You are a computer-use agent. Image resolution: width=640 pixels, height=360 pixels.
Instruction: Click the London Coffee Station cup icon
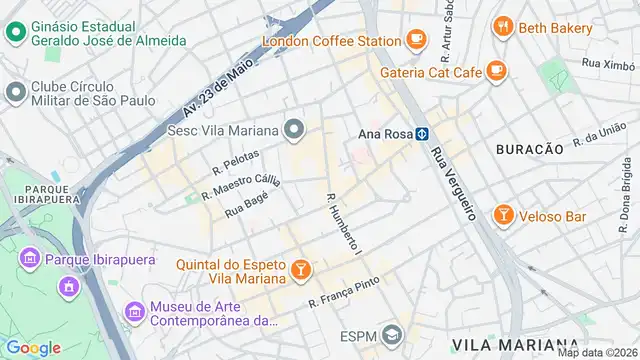[417, 40]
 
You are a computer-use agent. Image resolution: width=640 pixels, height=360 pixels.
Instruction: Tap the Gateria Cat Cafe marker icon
[496, 70]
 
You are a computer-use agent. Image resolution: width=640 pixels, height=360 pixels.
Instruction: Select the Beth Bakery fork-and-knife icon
[503, 27]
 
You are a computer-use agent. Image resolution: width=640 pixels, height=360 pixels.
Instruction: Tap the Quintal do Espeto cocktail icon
[300, 269]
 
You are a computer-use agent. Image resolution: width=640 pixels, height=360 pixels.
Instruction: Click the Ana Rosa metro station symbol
[423, 132]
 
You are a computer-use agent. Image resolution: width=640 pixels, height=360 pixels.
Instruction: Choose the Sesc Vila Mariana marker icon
[293, 128]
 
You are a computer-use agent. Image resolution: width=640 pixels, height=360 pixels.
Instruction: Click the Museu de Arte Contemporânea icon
[133, 313]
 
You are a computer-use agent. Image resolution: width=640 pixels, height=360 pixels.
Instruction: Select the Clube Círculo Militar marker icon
[15, 93]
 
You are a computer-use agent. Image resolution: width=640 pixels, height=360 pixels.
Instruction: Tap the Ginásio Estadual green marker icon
[15, 31]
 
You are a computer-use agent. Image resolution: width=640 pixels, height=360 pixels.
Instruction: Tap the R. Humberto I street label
[342, 222]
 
